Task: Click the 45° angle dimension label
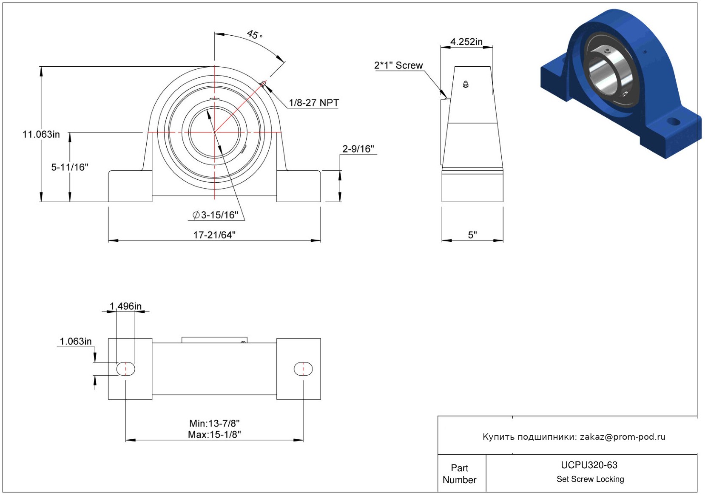(254, 34)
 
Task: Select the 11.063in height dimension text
(41, 134)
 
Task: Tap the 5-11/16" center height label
(70, 167)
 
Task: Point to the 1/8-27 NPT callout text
(314, 102)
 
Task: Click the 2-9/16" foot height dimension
(358, 149)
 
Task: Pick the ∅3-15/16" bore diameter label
(215, 215)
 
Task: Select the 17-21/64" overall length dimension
(214, 235)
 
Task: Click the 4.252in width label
(466, 42)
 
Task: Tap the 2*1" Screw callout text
(398, 65)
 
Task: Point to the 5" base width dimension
(472, 235)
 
